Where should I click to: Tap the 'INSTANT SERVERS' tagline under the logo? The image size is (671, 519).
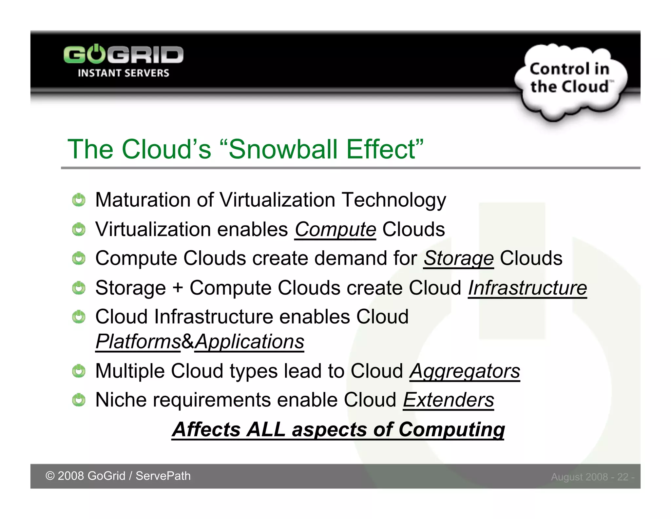point(123,73)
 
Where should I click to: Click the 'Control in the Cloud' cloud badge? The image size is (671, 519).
point(570,79)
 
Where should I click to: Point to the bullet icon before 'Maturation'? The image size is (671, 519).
point(79,200)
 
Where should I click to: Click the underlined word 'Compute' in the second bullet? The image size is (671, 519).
point(335,229)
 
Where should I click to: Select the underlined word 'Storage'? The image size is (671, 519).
point(458,258)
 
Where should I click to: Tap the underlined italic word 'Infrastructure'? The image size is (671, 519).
point(527,288)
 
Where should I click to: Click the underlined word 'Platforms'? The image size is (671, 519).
point(138,342)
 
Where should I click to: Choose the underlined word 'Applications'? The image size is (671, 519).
point(250,342)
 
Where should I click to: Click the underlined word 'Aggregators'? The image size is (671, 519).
point(465,371)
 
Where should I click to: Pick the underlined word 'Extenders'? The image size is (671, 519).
point(448,400)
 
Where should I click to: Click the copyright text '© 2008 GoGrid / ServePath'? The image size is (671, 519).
point(118,476)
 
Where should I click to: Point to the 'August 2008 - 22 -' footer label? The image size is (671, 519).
point(592,477)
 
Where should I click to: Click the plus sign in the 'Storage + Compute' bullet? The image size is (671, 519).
point(178,288)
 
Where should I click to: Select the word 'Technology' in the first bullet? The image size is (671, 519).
point(393,200)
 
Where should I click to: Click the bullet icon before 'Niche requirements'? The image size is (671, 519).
point(79,400)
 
